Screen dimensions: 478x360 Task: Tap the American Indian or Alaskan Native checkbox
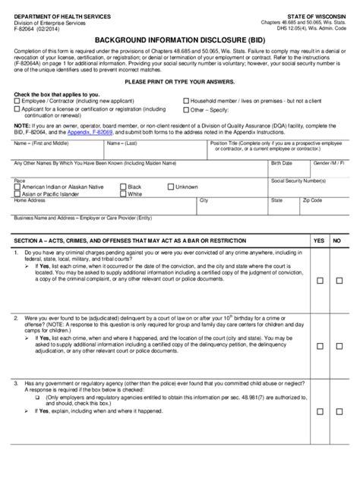pos(17,187)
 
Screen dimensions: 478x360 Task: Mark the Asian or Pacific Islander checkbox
pos(17,194)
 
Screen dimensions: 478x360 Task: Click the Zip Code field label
pos(312,200)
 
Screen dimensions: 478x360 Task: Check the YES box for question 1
pos(319,281)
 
